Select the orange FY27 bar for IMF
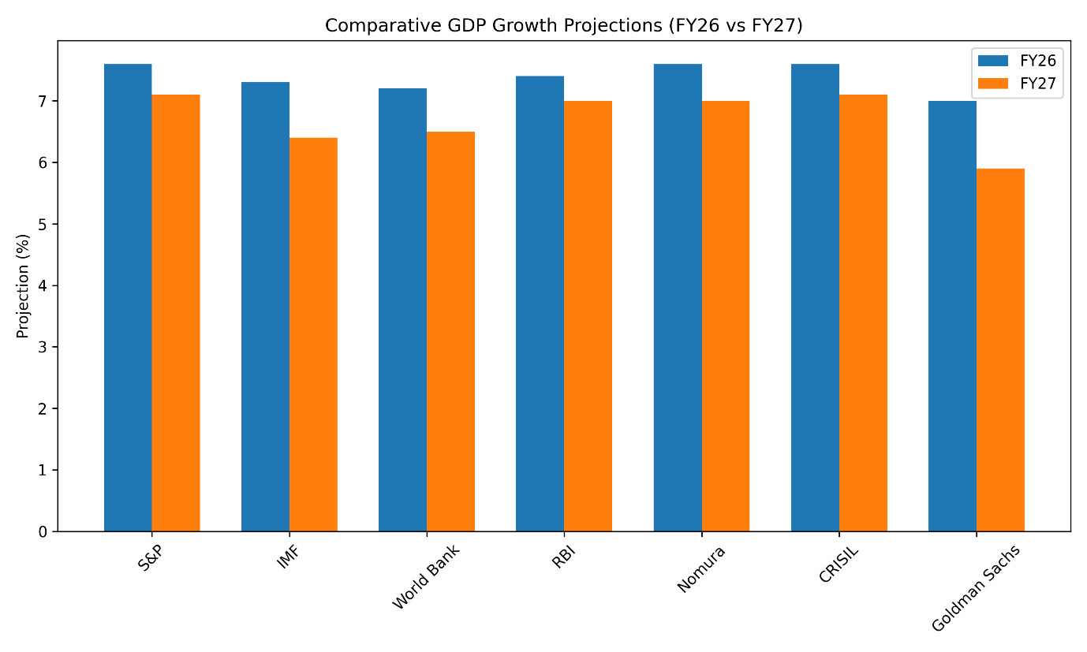pyautogui.click(x=313, y=334)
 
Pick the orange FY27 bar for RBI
pyautogui.click(x=588, y=316)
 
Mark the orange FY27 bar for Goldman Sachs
pyautogui.click(x=1000, y=350)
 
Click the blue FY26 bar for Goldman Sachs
pyautogui.click(x=952, y=316)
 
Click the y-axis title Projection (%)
pyautogui.click(x=23, y=285)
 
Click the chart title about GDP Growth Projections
pyautogui.click(x=563, y=25)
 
